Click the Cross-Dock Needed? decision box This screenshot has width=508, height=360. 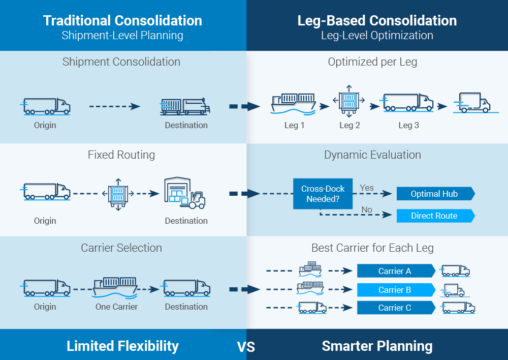323,194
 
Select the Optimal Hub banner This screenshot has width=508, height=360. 435,194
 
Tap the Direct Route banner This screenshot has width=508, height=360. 435,216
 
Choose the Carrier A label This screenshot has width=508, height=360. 395,271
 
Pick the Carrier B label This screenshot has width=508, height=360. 395,290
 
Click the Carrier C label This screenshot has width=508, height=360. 395,308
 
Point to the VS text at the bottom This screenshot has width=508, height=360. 246,347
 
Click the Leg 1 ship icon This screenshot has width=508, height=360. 294,103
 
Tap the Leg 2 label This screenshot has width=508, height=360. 350,125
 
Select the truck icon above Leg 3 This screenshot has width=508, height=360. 408,103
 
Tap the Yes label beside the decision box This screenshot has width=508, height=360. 367,188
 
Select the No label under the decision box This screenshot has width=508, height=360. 367,209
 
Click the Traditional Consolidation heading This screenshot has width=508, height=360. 122,20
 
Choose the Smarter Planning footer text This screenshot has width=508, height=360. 377,346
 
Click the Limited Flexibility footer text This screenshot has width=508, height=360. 122,346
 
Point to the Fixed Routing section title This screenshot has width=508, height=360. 121,155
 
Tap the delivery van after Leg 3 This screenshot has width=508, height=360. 472,103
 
